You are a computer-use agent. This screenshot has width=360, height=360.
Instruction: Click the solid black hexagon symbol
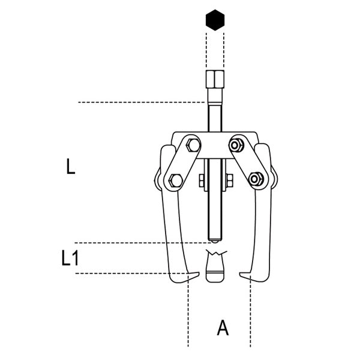215,20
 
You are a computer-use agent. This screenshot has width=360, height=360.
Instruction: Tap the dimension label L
70,166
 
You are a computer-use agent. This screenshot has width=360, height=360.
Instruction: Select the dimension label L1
70,258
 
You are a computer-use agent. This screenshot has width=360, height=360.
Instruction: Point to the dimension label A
223,328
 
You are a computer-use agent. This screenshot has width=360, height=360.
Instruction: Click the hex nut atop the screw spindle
215,79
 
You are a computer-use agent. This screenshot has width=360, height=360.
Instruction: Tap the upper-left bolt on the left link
193,145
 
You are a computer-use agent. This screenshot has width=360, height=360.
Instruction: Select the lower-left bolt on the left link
176,181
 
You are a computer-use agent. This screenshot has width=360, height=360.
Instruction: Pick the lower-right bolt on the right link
256,179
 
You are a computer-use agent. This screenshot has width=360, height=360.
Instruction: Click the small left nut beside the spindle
202,181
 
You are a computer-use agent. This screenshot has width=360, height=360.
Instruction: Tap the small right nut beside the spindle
229,181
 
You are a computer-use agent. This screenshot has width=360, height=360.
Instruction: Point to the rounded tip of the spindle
215,241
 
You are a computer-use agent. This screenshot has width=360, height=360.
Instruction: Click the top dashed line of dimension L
141,102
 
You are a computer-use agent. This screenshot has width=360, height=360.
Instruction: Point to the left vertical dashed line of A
188,311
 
